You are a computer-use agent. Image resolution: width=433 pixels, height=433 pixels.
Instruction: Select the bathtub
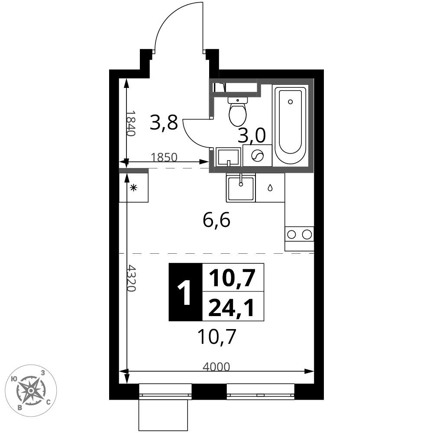coord(290,126)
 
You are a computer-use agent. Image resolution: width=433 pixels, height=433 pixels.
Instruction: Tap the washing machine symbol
coord(257,155)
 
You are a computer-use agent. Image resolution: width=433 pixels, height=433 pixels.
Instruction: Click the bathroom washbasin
coord(228,157)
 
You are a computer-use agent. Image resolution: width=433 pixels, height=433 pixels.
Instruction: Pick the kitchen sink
coord(241,188)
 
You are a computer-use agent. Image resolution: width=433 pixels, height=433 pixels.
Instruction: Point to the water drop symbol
coord(270,188)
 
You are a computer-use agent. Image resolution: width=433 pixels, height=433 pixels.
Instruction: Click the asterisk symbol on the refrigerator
coord(134,188)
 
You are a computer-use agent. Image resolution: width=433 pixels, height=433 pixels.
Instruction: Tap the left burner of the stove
coord(291,234)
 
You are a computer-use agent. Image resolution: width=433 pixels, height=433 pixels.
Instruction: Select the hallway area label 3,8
coord(164,123)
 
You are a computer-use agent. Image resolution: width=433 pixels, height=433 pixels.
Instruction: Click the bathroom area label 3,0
coord(252,135)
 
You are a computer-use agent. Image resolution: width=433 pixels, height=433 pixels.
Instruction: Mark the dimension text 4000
coord(216,367)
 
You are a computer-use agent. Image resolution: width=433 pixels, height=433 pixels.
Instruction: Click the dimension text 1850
coord(164,157)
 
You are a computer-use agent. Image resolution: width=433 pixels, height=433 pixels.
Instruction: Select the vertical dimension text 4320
coord(132,278)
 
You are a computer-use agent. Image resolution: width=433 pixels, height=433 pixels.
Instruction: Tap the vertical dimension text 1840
coord(131,123)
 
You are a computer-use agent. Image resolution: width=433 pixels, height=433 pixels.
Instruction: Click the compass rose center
coord(31,391)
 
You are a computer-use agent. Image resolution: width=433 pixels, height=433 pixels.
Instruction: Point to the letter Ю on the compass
coord(14,379)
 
